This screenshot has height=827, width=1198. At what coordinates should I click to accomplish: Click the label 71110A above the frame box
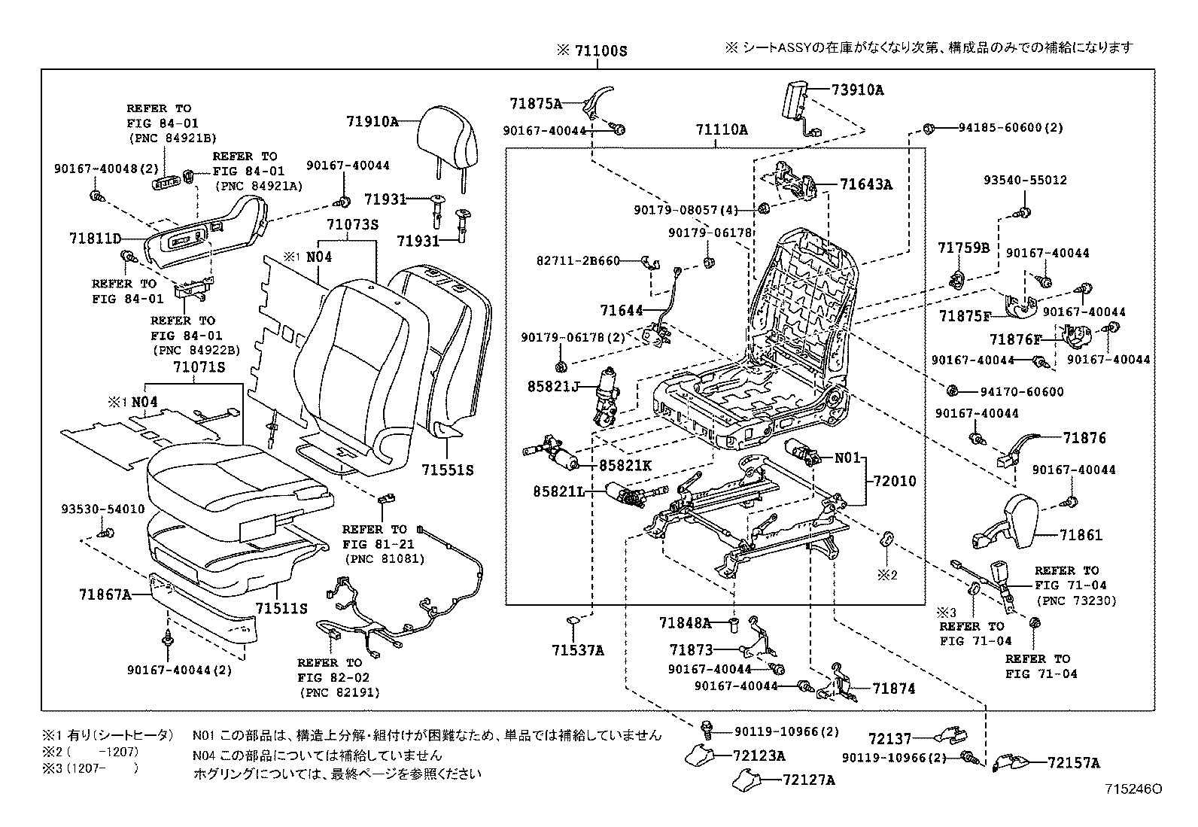click(x=721, y=130)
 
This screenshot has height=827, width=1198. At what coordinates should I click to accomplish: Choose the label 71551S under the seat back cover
click(x=447, y=470)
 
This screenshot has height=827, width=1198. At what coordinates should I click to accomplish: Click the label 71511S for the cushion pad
click(x=281, y=608)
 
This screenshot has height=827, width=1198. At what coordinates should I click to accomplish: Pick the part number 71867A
click(x=105, y=594)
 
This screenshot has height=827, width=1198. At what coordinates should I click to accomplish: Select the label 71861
click(x=1081, y=535)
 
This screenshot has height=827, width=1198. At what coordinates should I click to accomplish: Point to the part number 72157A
click(x=1073, y=763)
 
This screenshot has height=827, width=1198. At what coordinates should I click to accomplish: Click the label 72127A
click(x=808, y=780)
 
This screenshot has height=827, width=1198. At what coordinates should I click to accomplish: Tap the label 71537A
click(x=576, y=650)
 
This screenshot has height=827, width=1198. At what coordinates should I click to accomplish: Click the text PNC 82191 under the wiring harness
click(x=339, y=692)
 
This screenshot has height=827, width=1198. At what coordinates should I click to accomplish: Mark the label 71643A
click(x=866, y=184)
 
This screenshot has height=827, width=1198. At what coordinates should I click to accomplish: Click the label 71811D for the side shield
click(x=95, y=239)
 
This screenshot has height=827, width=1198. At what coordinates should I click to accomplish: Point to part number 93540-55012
click(x=1025, y=181)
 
